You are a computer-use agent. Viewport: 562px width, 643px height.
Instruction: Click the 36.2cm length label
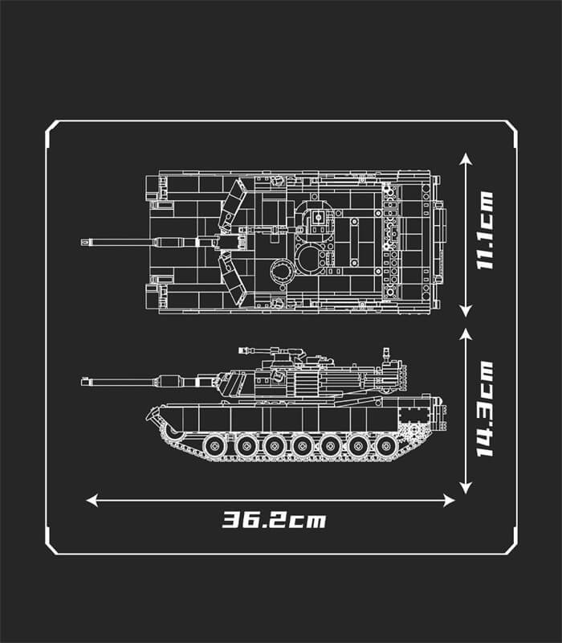274,520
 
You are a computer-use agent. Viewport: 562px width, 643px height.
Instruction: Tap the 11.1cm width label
485,230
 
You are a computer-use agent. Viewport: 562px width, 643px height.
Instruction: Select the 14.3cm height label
485,409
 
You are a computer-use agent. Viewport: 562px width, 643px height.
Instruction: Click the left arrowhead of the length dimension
92,500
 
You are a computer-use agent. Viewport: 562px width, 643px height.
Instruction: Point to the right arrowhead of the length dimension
450,500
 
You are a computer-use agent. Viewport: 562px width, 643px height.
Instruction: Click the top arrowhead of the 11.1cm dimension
466,158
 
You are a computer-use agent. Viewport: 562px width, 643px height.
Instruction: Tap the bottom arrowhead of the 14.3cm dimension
466,488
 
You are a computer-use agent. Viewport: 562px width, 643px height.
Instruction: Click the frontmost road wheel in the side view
215,446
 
